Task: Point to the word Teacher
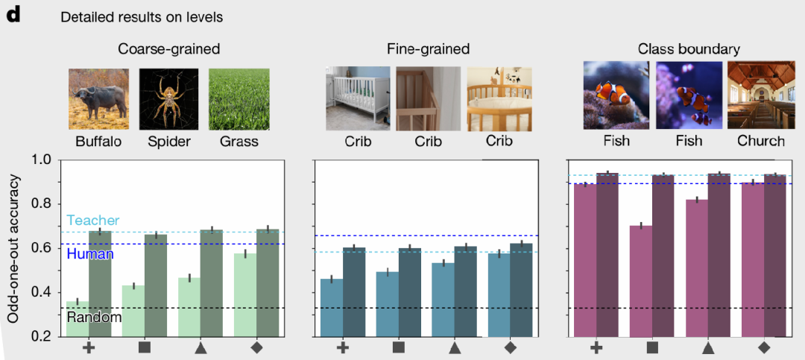[92, 221]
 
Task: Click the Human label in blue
[90, 254]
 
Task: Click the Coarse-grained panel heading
[168, 50]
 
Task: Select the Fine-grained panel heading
[428, 50]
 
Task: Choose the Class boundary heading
[689, 50]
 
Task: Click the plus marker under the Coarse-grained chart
[89, 347]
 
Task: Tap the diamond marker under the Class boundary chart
[763, 347]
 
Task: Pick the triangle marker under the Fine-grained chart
[455, 347]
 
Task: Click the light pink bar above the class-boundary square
[641, 280]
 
